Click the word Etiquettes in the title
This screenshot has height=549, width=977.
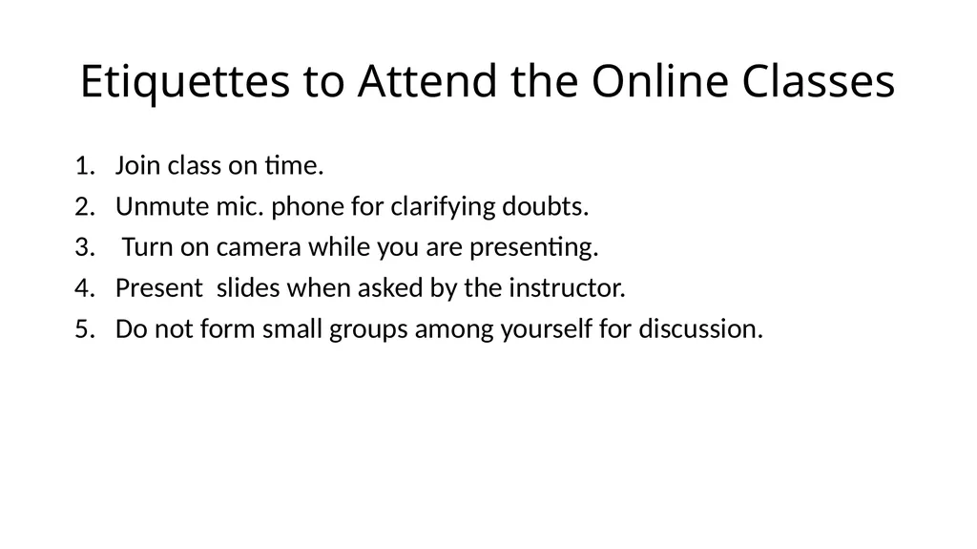(185, 82)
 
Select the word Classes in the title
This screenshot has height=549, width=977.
(818, 81)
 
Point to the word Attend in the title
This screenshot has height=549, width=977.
(427, 81)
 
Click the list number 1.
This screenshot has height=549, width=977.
(85, 166)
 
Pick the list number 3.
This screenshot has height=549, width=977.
(85, 247)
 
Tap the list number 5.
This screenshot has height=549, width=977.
(85, 329)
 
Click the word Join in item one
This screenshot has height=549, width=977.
(137, 166)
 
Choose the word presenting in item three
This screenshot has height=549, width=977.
(534, 248)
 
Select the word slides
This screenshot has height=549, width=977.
(248, 288)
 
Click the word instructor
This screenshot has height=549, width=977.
(567, 288)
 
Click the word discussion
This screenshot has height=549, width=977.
(701, 329)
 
